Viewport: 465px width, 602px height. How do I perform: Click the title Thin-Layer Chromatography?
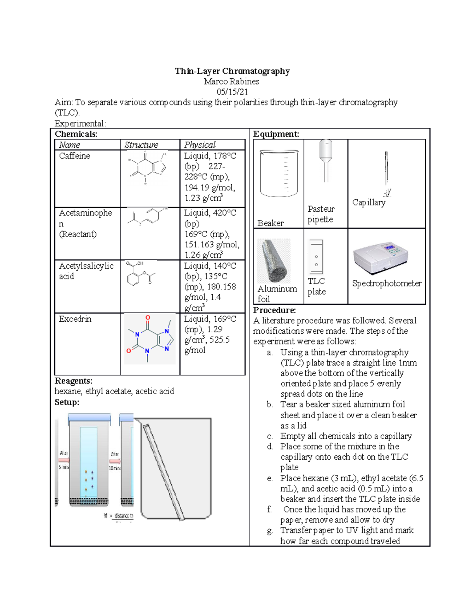pos(232,71)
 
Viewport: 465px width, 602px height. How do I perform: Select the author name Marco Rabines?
pos(231,81)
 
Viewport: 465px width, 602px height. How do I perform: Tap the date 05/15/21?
pos(232,92)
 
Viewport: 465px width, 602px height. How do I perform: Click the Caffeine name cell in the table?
pos(74,156)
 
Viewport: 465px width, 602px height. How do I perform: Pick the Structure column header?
pos(141,145)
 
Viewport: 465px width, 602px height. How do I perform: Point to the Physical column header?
pos(200,145)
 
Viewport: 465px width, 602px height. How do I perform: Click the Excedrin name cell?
pos(75,319)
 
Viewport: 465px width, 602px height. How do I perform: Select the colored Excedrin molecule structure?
pos(150,339)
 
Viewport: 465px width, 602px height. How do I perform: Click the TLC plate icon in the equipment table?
pos(316,257)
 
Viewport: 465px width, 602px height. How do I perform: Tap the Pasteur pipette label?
pos(321,214)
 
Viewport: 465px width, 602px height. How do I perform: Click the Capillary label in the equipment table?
pos(369,202)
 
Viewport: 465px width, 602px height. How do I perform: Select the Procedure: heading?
pos(274,310)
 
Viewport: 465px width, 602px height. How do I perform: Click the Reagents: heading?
pos(73,381)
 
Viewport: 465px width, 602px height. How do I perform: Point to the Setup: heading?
pos(67,402)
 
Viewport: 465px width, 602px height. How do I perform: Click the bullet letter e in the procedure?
pos(270,478)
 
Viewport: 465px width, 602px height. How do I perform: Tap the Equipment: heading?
pos(276,134)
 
